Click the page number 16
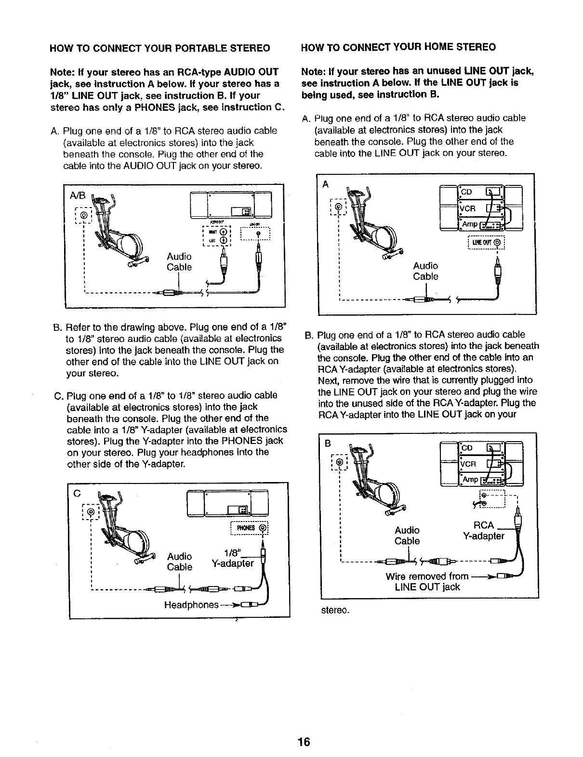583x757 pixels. tap(304, 741)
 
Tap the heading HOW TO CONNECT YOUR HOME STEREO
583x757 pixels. tap(398, 47)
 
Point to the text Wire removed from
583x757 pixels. tap(427, 576)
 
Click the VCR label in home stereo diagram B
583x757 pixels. tap(468, 464)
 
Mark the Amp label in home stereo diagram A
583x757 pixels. tap(470, 224)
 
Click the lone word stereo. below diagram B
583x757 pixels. tap(334, 610)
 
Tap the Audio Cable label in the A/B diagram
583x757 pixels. tap(179, 261)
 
